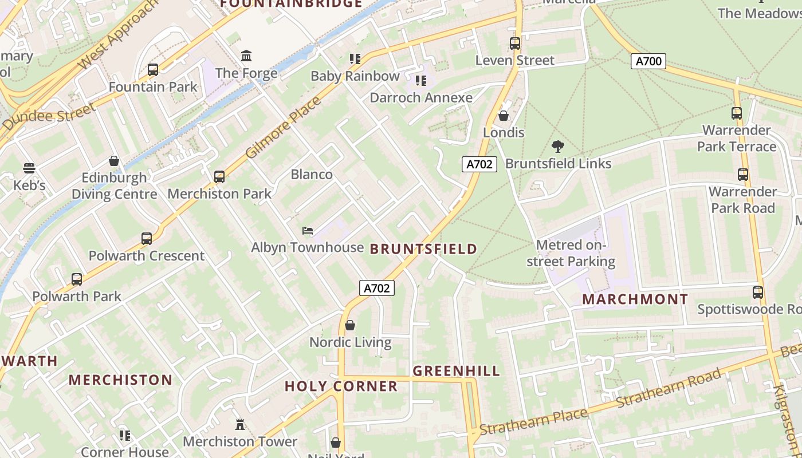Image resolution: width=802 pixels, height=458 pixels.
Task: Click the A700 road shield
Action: coord(648,61)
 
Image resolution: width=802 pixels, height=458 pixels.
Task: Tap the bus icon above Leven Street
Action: coord(515,44)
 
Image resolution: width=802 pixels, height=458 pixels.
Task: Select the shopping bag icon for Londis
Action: coord(504,116)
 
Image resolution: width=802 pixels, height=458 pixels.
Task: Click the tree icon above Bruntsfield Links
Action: coord(557,147)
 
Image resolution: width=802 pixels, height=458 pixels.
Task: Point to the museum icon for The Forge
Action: coord(246,56)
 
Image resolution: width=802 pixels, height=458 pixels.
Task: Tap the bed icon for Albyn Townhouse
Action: coord(308,231)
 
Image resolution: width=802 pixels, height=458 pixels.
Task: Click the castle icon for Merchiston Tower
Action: coord(240,425)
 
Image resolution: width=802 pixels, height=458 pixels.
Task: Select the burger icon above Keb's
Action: coord(29,168)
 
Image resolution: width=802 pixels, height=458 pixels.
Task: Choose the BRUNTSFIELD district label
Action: coord(423,248)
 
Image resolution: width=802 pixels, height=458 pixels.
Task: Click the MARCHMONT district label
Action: coord(635,299)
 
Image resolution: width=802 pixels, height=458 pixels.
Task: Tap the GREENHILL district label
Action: coord(456,371)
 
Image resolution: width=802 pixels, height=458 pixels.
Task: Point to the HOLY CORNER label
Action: coord(341,386)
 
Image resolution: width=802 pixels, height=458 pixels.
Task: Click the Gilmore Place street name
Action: coord(283,128)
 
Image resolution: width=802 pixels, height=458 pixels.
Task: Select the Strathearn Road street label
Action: coord(668,389)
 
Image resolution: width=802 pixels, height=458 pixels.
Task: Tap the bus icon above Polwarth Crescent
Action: coord(147,239)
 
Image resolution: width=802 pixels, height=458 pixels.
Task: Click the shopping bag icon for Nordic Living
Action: coord(350,326)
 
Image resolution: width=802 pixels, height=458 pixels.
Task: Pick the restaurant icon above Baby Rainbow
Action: coord(355,59)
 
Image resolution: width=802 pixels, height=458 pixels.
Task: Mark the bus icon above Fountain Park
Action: coord(153,70)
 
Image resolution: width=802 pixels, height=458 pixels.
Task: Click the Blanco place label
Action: coord(312,175)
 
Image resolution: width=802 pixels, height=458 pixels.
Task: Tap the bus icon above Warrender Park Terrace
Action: coord(737,113)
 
